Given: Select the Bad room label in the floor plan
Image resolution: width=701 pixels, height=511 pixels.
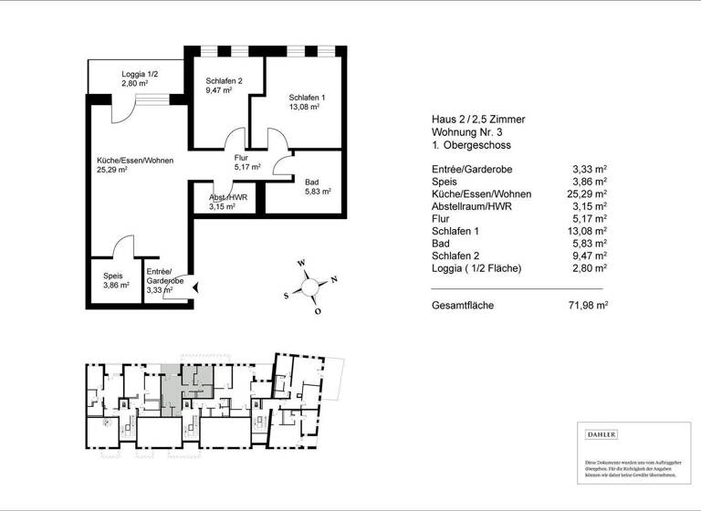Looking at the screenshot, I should click(x=312, y=182).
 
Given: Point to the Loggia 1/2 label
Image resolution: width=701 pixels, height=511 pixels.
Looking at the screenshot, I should click(x=140, y=75).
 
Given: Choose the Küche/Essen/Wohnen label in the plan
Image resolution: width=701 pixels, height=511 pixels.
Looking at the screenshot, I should click(x=135, y=161).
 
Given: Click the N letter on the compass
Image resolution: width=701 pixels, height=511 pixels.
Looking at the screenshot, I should click(x=333, y=279).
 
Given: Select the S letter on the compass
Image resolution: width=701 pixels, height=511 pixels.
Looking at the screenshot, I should click(x=287, y=296).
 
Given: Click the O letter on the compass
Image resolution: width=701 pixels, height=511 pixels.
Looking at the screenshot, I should click(x=318, y=311).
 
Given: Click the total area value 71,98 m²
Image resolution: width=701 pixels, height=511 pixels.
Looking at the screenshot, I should click(x=589, y=306).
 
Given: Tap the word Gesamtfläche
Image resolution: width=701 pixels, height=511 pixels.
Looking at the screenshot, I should click(x=463, y=306).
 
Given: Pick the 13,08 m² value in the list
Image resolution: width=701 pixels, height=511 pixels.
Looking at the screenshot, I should click(x=589, y=232).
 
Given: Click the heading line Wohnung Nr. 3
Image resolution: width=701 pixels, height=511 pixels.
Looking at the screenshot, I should click(x=470, y=132).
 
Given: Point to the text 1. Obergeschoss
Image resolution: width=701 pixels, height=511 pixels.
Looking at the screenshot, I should click(x=472, y=146).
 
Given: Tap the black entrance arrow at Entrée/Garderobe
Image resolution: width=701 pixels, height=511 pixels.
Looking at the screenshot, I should click(x=195, y=288).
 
